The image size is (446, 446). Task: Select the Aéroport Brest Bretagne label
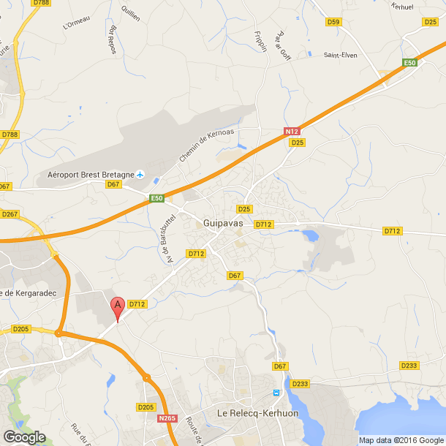pyautogui.click(x=91, y=175)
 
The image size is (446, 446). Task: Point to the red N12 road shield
pyautogui.click(x=292, y=131)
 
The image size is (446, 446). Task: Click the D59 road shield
pyautogui.click(x=333, y=22)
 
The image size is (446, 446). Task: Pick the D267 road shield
pyautogui.click(x=10, y=213)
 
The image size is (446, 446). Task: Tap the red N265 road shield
pyautogui.click(x=167, y=419)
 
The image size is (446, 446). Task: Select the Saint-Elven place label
pyautogui.click(x=341, y=54)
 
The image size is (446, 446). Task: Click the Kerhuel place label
pyautogui.click(x=403, y=6)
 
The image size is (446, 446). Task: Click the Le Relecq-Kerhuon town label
pyautogui.click(x=254, y=414)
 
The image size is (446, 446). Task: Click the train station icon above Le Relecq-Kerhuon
pyautogui.click(x=276, y=393)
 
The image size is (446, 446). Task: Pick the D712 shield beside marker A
pyautogui.click(x=137, y=303)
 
